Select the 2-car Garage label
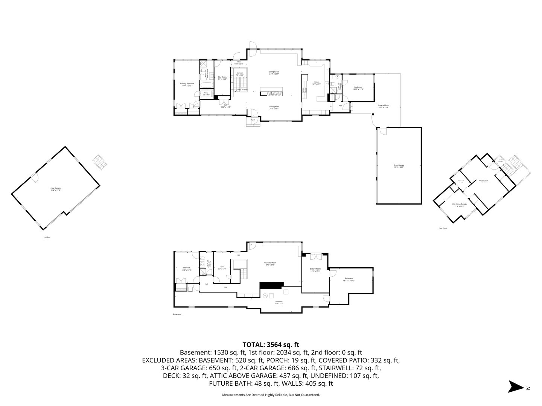click(x=56, y=189)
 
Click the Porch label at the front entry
click(x=253, y=120)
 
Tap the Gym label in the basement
click(x=222, y=268)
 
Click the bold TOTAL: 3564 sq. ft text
click(x=271, y=344)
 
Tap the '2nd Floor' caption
click(x=443, y=228)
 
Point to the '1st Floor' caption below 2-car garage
click(x=47, y=237)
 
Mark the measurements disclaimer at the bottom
click(x=271, y=395)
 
